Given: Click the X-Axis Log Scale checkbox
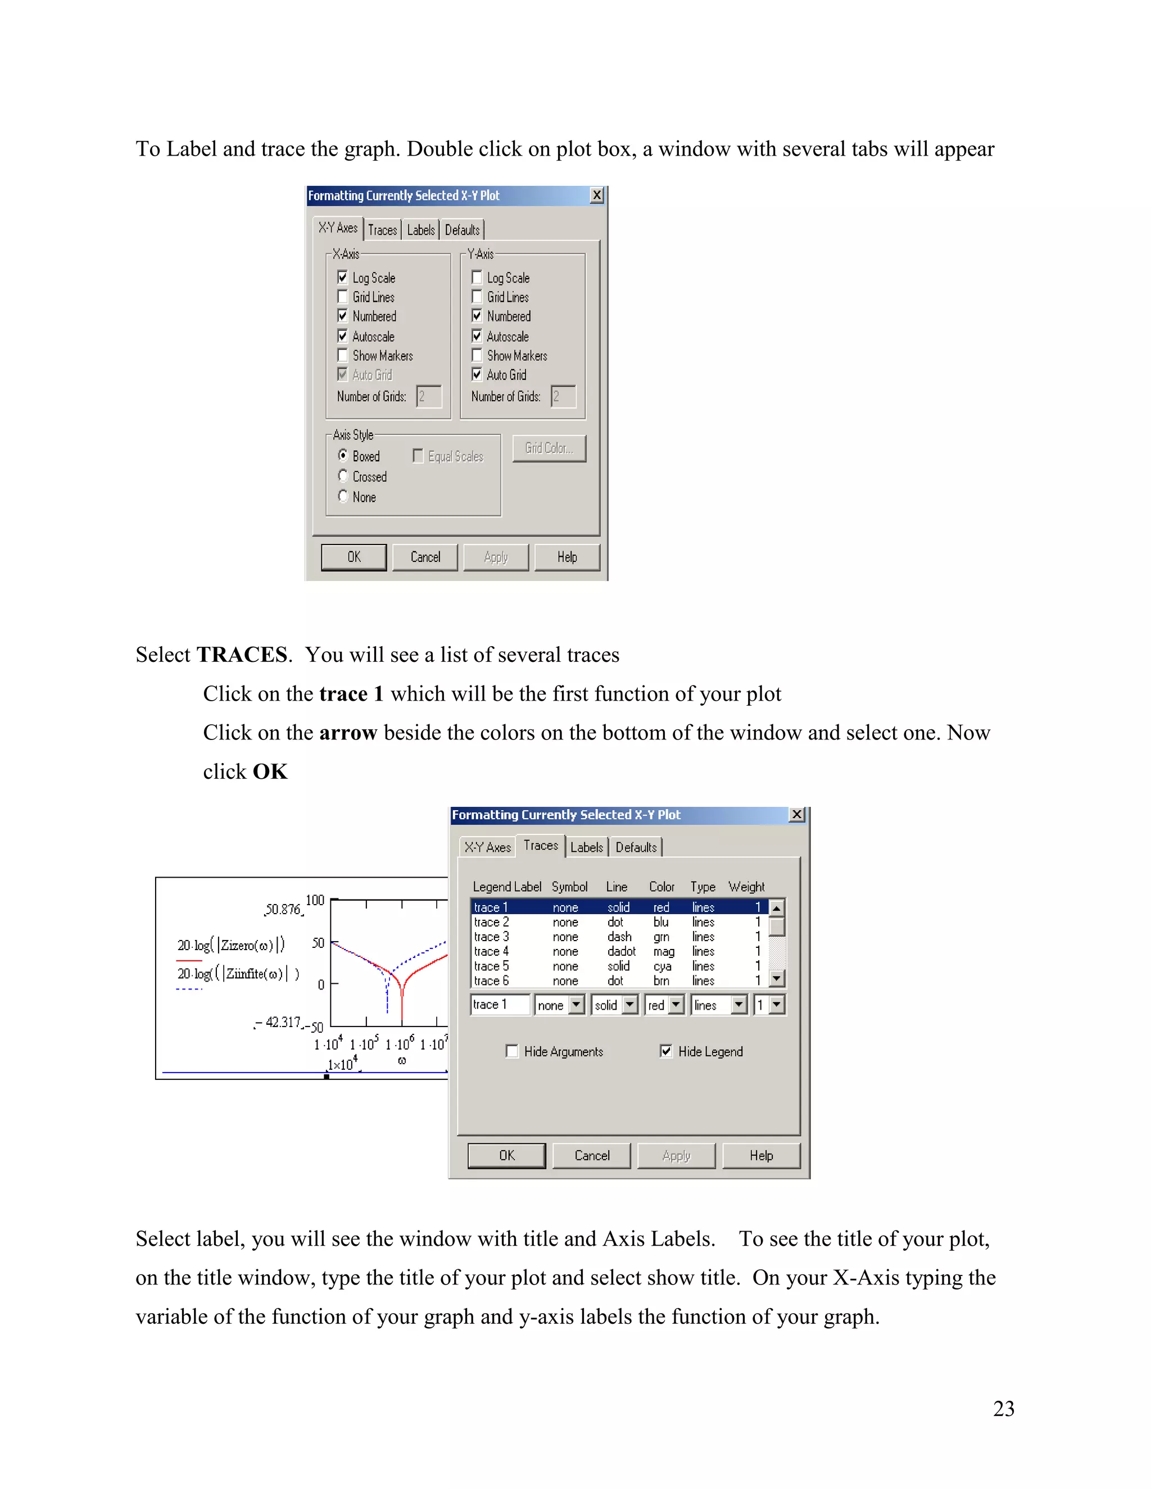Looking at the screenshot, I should click(342, 278).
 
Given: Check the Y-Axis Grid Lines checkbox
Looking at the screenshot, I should click(477, 297).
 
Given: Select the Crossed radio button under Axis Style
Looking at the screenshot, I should click(343, 476).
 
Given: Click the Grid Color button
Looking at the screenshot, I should click(549, 448).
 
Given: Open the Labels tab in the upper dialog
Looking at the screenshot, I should click(421, 230).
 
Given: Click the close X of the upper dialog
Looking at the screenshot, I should click(597, 196).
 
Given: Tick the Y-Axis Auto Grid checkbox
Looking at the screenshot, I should click(477, 374).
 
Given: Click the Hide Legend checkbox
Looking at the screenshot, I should click(666, 1051).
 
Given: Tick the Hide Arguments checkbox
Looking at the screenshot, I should click(512, 1051).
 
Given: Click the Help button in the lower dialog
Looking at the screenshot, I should click(761, 1156).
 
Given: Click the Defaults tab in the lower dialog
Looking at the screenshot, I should click(636, 847).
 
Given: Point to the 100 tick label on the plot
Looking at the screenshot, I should click(315, 900).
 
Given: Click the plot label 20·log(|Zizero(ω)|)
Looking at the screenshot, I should click(231, 945).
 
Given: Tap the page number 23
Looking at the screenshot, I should click(1003, 1409).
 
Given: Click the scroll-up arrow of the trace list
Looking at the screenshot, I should click(777, 908).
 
